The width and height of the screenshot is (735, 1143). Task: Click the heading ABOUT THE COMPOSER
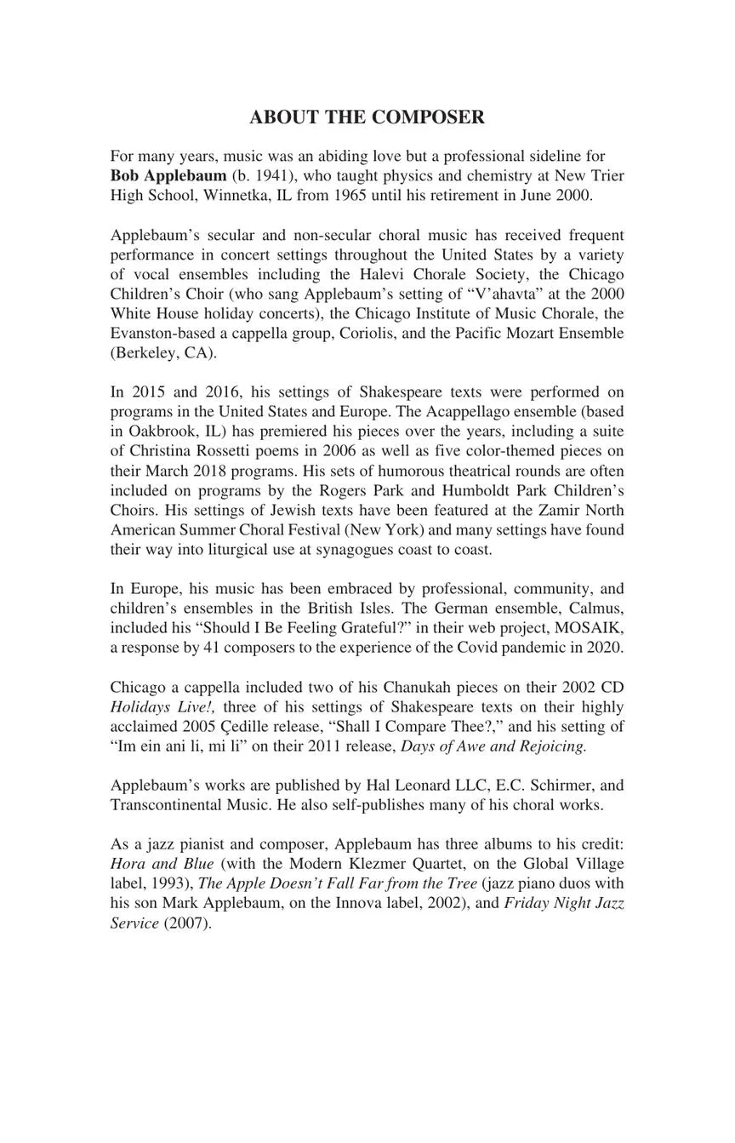367,117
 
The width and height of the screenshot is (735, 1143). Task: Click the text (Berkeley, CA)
164,352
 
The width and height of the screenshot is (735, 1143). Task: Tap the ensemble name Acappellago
481,411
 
